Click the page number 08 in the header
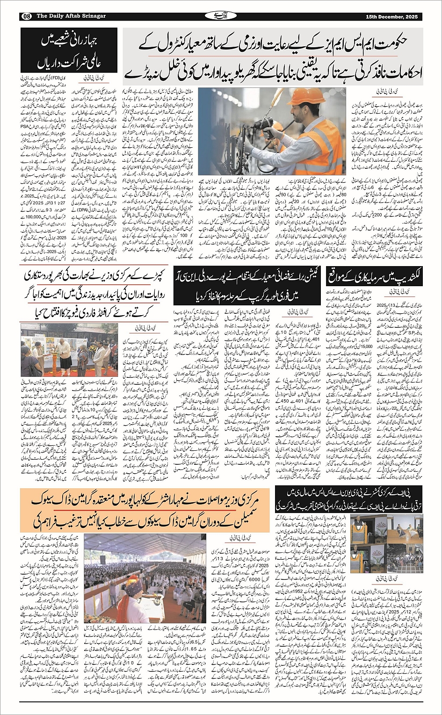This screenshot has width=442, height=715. pyautogui.click(x=27, y=16)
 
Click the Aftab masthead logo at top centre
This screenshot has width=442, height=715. pyautogui.click(x=220, y=16)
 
